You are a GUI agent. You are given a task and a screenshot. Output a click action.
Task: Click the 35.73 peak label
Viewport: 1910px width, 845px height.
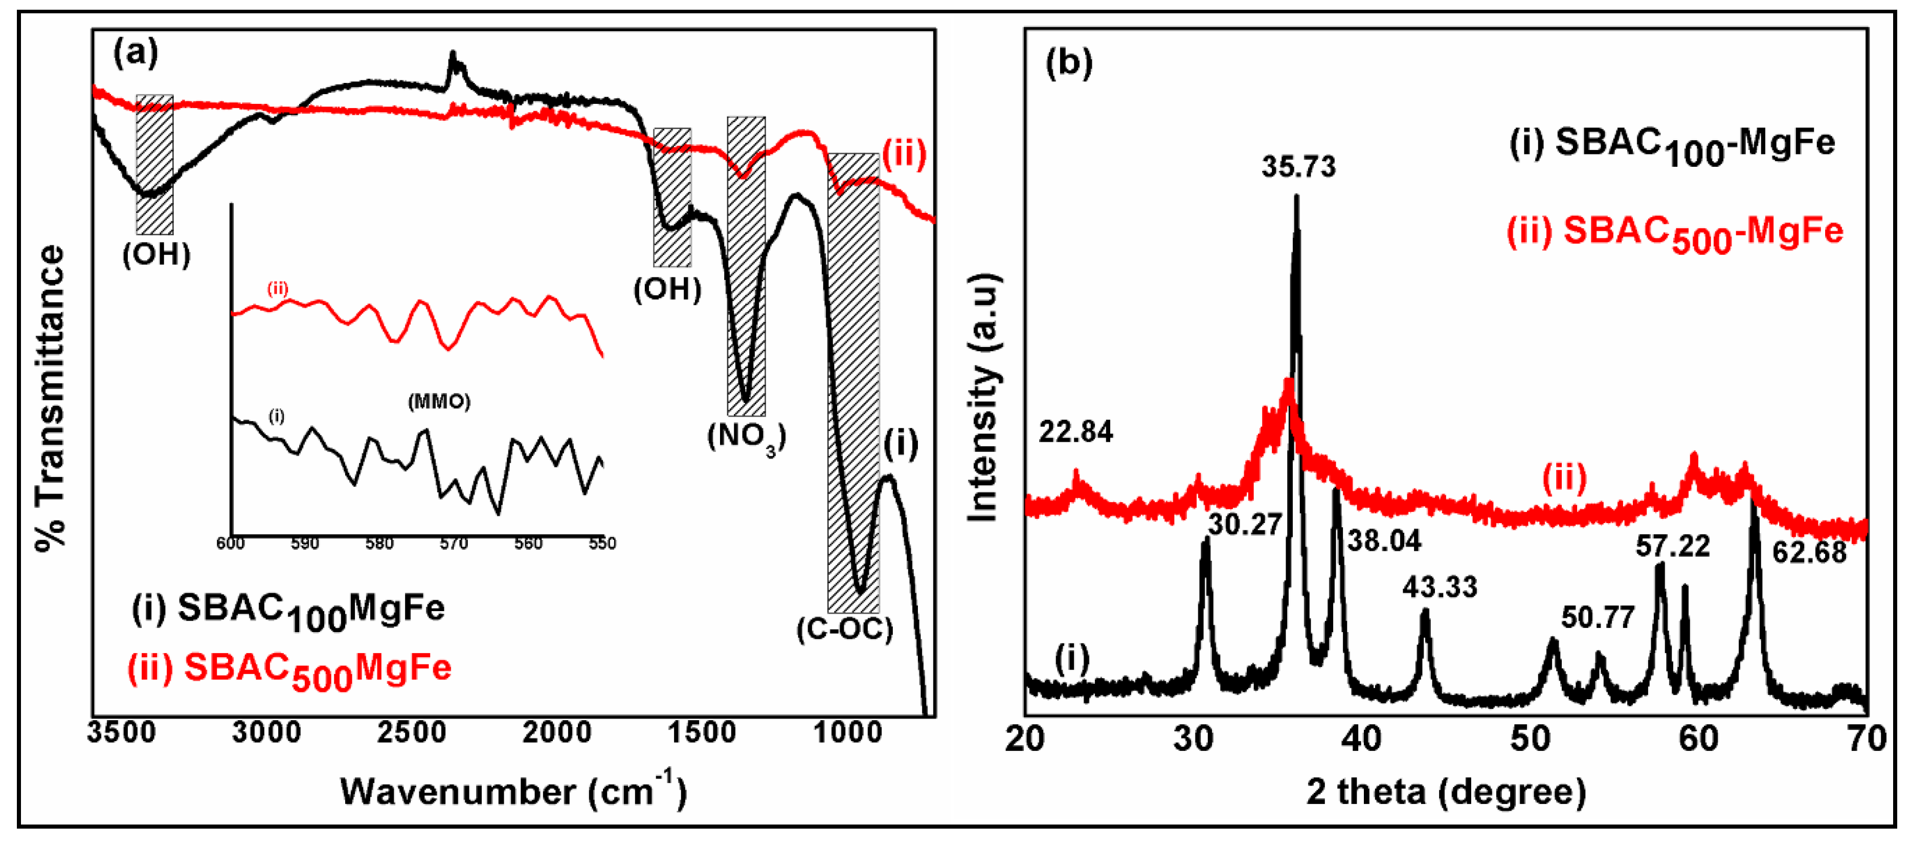[1298, 167]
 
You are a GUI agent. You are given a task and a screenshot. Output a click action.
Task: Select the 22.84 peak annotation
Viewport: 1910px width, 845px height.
[1075, 432]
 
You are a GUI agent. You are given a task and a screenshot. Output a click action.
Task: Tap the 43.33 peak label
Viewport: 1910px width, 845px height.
[1439, 588]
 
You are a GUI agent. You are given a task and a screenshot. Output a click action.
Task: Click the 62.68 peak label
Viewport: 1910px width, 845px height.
[1809, 553]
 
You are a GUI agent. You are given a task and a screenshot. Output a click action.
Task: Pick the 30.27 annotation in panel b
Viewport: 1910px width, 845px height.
[1245, 525]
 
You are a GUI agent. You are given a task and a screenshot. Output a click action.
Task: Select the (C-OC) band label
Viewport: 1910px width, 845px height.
[844, 630]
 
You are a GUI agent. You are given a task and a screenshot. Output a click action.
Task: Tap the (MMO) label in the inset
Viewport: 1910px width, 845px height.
[439, 402]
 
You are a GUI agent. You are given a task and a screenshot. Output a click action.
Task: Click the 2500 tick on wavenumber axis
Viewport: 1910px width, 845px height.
[412, 732]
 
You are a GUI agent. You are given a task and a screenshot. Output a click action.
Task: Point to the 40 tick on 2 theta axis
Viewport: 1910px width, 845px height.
[1363, 739]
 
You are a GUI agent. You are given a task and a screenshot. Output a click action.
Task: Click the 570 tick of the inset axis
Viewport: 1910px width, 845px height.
[453, 544]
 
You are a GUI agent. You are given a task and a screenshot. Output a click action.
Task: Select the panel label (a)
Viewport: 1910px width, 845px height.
[135, 53]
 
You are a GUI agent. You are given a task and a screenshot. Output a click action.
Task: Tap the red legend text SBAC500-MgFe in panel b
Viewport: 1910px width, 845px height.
[1674, 233]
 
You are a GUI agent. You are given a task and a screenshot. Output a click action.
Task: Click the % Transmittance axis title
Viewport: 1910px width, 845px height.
[51, 397]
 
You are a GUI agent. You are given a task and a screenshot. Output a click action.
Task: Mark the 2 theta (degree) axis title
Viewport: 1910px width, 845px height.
[1446, 792]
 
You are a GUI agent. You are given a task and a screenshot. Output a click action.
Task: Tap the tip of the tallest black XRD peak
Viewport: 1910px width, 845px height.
[1296, 197]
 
